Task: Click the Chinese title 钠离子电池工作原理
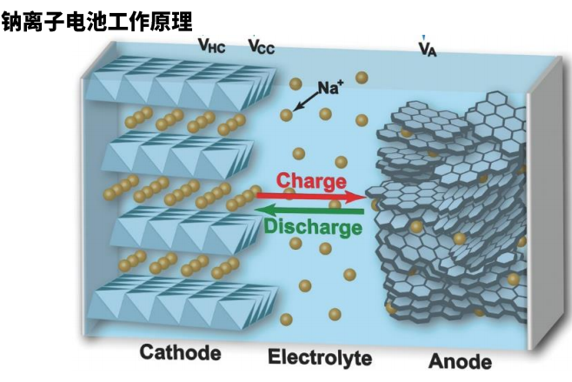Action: point(96,17)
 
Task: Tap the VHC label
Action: point(211,47)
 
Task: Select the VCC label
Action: point(261,47)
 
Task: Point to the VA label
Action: point(427,50)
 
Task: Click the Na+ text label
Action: point(329,87)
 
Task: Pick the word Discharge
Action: point(312,228)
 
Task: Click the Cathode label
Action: point(180,352)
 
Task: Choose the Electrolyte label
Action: point(319,357)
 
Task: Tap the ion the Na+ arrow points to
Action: point(286,115)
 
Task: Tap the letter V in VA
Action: point(422,49)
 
